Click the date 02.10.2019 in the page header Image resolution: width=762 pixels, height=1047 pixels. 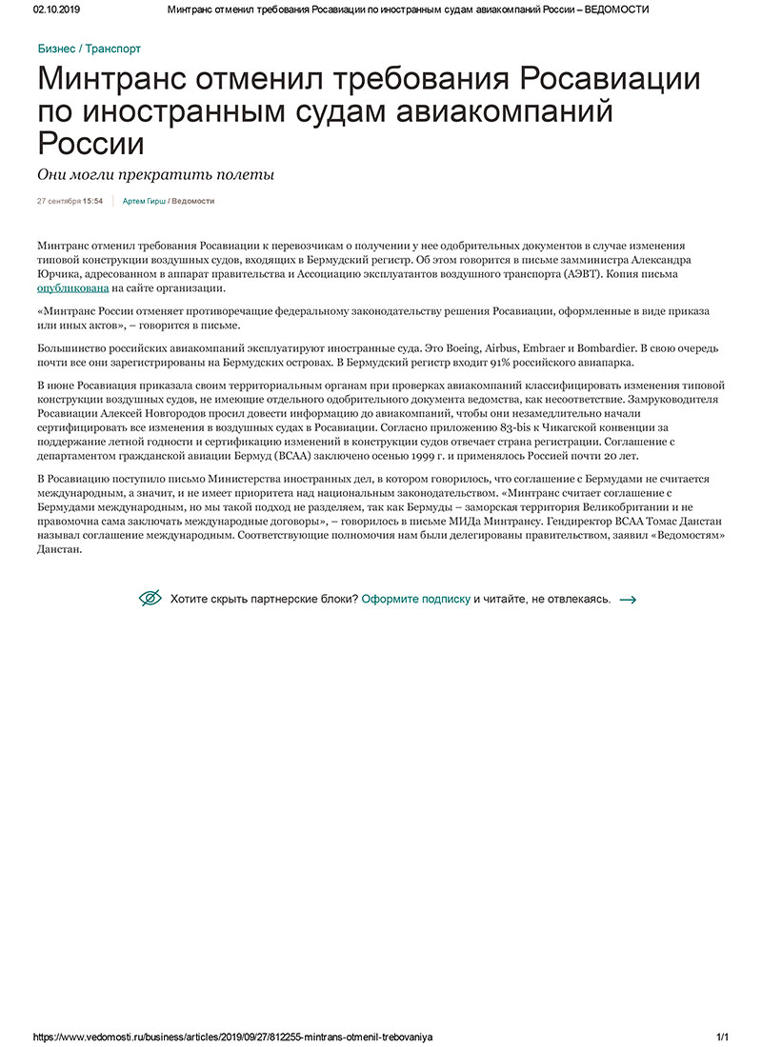[x=55, y=9]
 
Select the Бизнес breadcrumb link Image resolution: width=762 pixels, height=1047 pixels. [x=56, y=49]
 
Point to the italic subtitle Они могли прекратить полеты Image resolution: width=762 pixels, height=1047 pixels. [x=155, y=174]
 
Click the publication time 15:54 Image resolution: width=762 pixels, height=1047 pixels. [x=92, y=202]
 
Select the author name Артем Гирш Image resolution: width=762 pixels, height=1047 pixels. [x=143, y=202]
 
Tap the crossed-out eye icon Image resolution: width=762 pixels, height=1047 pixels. [x=150, y=599]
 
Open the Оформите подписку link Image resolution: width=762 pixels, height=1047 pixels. [x=416, y=600]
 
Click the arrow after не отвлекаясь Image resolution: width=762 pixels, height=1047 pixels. [x=628, y=600]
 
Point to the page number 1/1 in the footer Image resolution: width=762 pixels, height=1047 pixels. [x=722, y=1037]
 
